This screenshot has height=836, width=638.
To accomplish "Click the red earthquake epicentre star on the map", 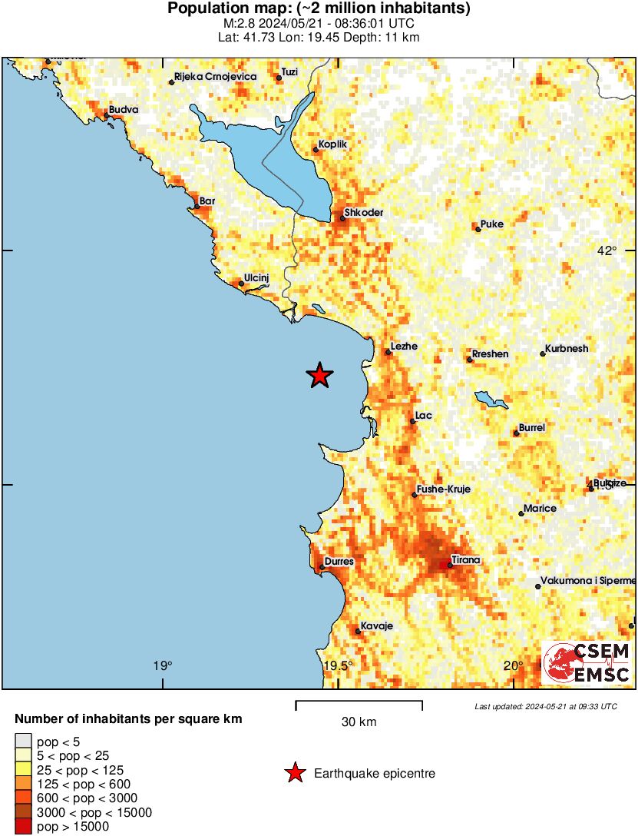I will [319, 375].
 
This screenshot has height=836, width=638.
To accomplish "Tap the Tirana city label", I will [465, 560].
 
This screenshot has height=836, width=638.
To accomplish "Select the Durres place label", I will [339, 562].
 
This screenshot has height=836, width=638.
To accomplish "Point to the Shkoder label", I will [364, 213].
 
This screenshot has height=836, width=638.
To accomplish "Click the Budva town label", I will [124, 110].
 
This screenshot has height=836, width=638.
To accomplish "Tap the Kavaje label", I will [376, 626].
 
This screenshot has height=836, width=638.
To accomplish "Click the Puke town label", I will [492, 224].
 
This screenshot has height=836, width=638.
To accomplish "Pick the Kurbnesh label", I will [567, 349].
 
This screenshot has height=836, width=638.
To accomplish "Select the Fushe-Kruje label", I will [443, 489].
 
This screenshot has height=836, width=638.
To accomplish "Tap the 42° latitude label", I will [607, 250].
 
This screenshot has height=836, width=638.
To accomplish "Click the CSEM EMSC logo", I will [587, 663].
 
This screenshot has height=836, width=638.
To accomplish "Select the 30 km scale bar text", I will [359, 722].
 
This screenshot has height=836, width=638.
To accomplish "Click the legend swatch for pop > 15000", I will [23, 826].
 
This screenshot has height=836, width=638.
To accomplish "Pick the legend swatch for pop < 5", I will [23, 741].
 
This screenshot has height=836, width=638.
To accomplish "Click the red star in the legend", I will [295, 774].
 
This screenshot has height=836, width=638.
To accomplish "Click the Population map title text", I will [319, 9].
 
